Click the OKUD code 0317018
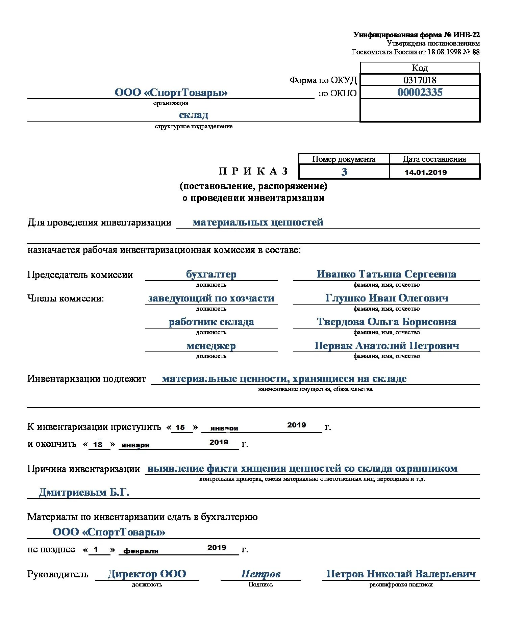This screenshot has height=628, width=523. (420, 80)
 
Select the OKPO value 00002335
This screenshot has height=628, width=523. (420, 93)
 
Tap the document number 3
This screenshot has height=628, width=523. (344, 172)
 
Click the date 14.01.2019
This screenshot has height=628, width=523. (425, 172)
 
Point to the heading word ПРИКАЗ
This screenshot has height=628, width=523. (253, 171)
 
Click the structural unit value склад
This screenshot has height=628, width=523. (193, 115)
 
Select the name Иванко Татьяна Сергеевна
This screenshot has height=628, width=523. (386, 274)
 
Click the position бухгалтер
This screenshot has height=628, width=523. (211, 274)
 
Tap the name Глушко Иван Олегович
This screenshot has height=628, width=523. (387, 298)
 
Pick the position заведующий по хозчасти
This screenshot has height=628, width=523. (211, 298)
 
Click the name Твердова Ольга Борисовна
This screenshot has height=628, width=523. (387, 322)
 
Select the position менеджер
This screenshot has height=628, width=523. (211, 346)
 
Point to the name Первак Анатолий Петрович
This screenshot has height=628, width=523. (387, 346)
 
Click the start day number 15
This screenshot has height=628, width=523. (180, 427)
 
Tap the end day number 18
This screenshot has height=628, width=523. (98, 445)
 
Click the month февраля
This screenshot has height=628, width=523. (141, 551)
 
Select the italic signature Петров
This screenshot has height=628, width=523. (260, 574)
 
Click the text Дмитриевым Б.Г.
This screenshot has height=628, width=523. (84, 492)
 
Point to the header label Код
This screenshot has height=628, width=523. (420, 68)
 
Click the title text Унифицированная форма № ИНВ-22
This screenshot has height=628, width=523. (416, 34)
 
